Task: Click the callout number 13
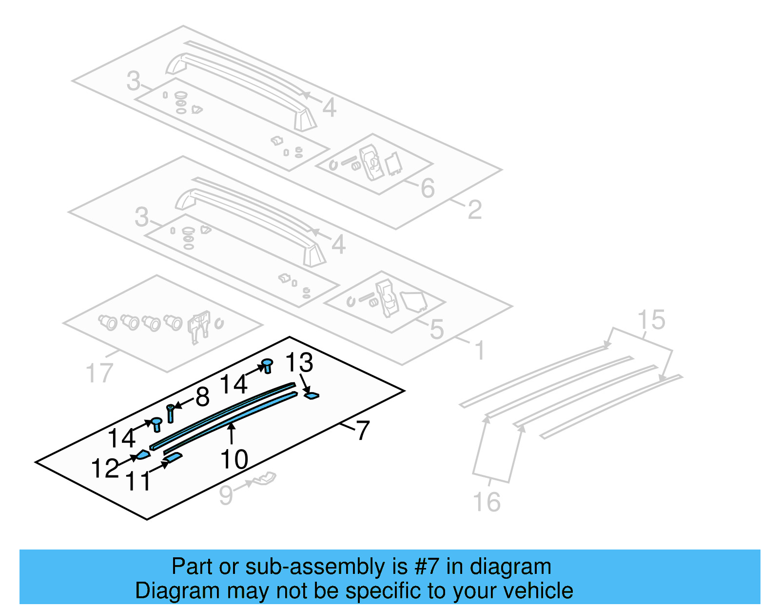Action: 299,363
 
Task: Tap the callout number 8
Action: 202,397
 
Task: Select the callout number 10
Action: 234,459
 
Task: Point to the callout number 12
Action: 104,468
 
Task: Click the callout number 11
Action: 139,481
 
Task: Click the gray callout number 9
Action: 226,495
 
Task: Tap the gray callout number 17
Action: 99,373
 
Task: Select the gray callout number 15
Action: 651,320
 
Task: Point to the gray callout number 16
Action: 487,502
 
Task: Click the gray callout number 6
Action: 428,188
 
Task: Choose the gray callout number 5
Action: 437,330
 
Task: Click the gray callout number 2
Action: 474,210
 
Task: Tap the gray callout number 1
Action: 480,351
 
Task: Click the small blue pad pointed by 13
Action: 312,395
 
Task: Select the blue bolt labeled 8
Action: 170,414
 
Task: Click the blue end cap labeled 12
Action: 143,455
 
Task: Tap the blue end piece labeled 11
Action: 174,457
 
